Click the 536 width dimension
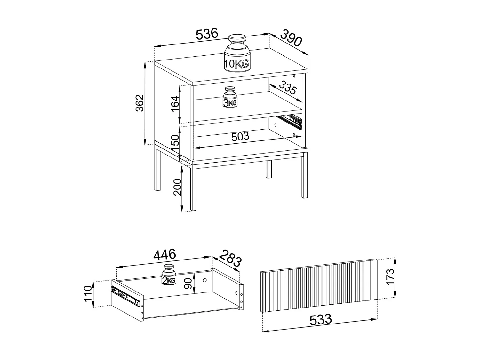tap(207, 34)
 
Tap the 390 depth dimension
tap(291, 38)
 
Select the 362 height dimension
tap(140, 103)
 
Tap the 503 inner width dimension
tap(240, 137)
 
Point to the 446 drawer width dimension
tap(165, 255)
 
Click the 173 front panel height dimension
tap(390, 277)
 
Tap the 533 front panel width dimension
tap(321, 319)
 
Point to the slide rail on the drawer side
tap(126, 296)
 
